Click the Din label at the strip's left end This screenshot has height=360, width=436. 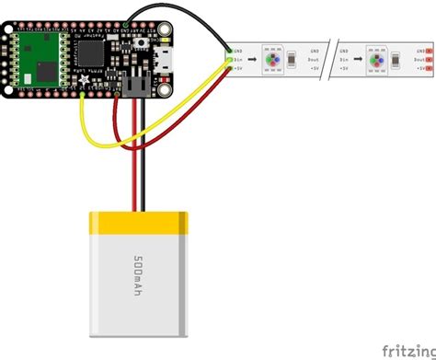pos(239,59)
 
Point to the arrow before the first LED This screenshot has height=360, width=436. pos(256,59)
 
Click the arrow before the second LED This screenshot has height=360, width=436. pos(360,59)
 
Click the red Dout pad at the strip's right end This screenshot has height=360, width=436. pos(429,59)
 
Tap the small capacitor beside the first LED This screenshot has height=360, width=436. pos(291,59)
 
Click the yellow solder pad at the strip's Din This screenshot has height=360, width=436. pos(229,60)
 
